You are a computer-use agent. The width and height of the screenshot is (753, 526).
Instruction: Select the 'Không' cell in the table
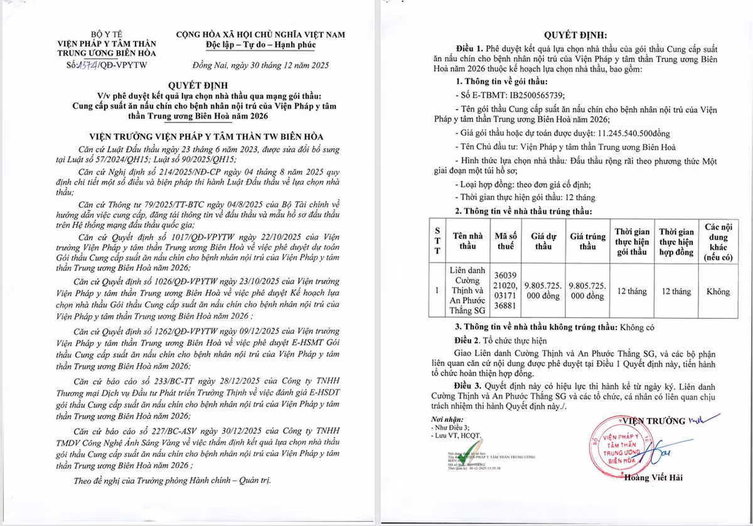(718, 291)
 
